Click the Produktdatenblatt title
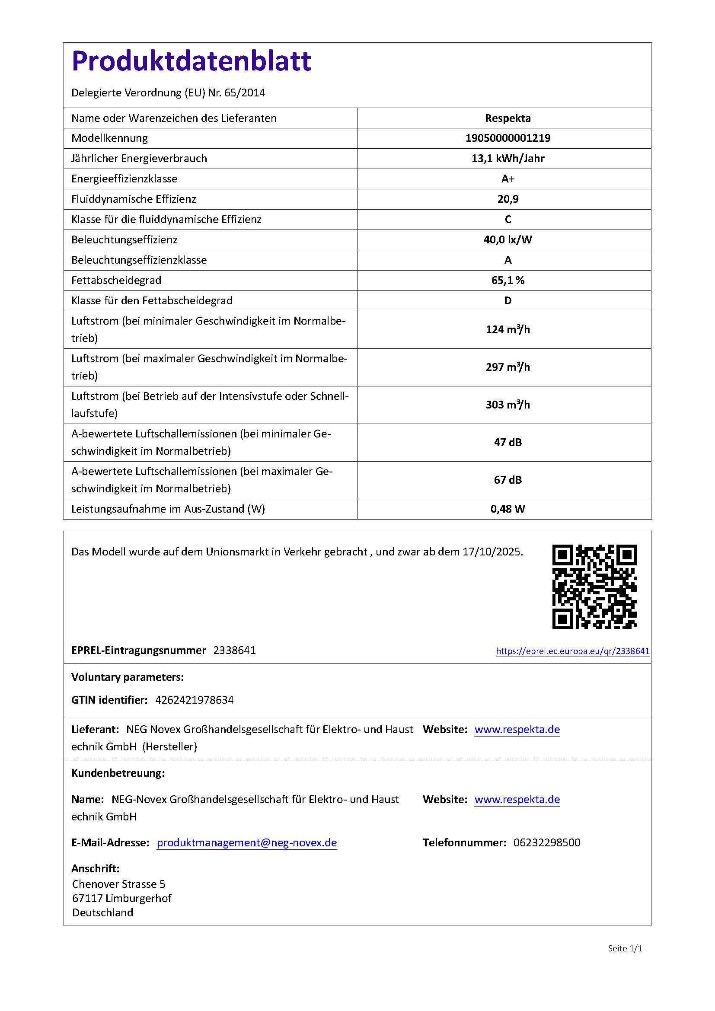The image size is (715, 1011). (191, 61)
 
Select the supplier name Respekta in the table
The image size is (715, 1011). (508, 118)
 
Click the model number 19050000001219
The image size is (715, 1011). (508, 138)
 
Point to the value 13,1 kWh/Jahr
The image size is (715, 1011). (508, 159)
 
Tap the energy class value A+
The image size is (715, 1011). (508, 179)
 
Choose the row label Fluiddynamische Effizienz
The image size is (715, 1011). (134, 199)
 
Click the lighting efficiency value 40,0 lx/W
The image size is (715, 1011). (508, 239)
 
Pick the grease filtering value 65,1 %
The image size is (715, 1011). (508, 281)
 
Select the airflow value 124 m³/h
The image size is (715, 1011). (508, 330)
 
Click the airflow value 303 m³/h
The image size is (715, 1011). (508, 405)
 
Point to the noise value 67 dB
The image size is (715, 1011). (508, 480)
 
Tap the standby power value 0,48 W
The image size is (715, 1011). (508, 509)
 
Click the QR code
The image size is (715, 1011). (594, 587)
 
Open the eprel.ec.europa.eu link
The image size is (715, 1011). (572, 651)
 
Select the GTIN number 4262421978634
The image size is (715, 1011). (194, 700)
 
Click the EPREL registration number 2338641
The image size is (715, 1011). (234, 651)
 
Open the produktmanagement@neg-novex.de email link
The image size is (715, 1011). (246, 842)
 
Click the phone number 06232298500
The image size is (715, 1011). (546, 842)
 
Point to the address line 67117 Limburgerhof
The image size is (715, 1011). (121, 898)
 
